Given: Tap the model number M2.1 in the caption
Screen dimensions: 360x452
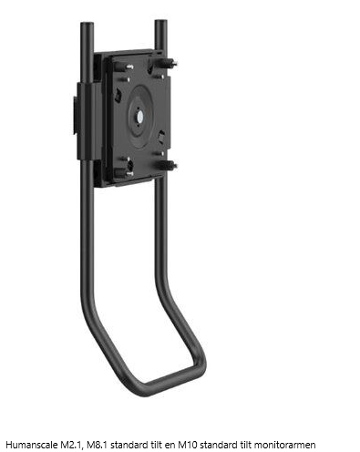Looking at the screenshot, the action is (x=70, y=445).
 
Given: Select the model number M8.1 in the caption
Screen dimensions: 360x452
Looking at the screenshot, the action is (x=98, y=445).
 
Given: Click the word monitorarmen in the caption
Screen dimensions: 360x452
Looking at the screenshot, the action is (x=284, y=445).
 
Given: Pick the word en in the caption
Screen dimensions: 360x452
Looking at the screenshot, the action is (x=170, y=446).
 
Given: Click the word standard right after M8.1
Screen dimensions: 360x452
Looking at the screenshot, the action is (x=129, y=445).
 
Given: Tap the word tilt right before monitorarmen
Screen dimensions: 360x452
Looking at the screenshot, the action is (x=246, y=445).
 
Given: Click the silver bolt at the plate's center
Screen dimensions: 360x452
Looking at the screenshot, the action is (x=139, y=117).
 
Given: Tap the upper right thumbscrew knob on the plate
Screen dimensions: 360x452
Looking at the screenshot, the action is (x=167, y=63).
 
